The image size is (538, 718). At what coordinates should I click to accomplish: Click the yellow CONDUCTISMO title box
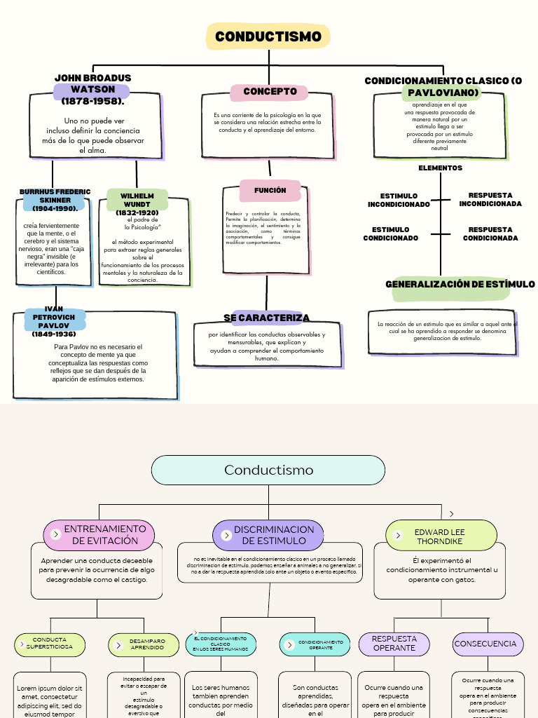pyautogui.click(x=268, y=36)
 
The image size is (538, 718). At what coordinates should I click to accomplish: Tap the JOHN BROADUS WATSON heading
pyautogui.click(x=92, y=90)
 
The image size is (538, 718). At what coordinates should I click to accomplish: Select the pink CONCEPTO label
pyautogui.click(x=270, y=92)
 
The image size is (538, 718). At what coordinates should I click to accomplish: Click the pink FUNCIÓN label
pyautogui.click(x=270, y=190)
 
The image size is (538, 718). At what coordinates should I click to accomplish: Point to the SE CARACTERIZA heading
pyautogui.click(x=266, y=318)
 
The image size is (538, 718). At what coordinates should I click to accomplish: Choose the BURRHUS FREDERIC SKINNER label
pyautogui.click(x=55, y=201)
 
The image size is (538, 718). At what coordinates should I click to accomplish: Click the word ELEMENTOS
pyautogui.click(x=440, y=168)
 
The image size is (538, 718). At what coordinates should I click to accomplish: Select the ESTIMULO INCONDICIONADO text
pyautogui.click(x=399, y=201)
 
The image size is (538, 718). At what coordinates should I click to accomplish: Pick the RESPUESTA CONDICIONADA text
pyautogui.click(x=490, y=234)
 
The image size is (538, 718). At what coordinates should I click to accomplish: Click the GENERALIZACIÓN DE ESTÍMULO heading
pyautogui.click(x=460, y=285)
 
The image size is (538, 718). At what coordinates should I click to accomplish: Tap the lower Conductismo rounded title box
pyautogui.click(x=268, y=470)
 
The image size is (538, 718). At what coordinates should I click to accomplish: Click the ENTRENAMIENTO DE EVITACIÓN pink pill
pyautogui.click(x=99, y=535)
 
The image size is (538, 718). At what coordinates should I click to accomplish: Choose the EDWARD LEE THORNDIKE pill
pyautogui.click(x=441, y=536)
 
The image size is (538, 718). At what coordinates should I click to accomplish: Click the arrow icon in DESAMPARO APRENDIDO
pyautogui.click(x=118, y=645)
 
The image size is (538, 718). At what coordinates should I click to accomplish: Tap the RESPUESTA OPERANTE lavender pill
pyautogui.click(x=394, y=644)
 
